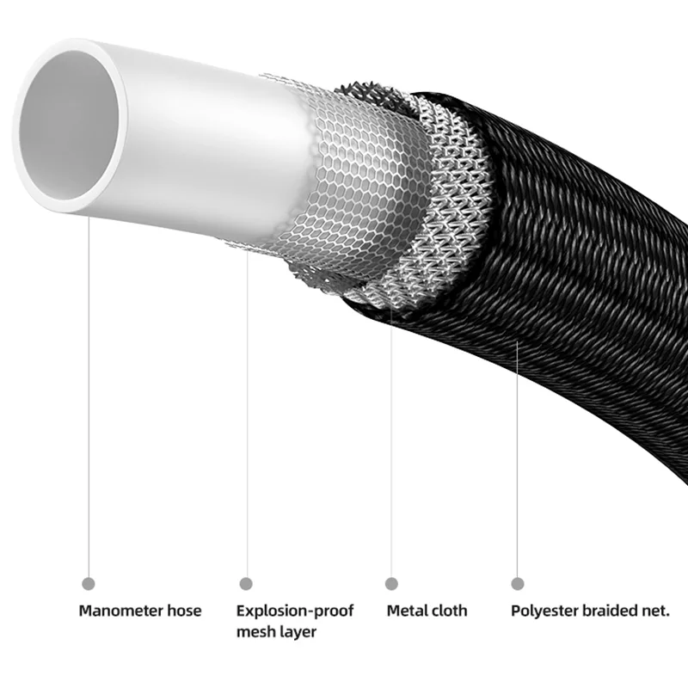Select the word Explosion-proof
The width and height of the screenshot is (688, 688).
295,611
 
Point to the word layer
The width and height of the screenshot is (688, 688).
298,632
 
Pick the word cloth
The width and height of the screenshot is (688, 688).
450,611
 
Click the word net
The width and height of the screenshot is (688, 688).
659,611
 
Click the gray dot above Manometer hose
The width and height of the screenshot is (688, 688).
87,584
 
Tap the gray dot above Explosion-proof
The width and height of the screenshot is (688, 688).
246,584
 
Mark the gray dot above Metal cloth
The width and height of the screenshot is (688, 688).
392,584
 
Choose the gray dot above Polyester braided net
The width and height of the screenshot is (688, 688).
518,584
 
